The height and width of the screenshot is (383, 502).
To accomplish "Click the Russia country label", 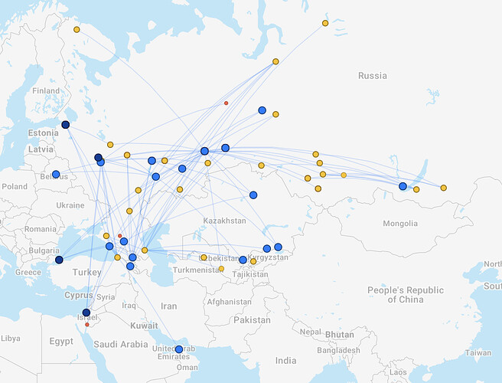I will click(373, 76).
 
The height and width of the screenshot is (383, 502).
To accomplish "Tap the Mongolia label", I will click(400, 224).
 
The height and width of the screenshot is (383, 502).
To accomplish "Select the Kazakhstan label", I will click(224, 221).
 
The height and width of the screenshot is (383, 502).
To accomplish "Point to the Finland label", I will click(45, 90).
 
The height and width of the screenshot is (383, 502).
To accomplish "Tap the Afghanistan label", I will click(229, 302).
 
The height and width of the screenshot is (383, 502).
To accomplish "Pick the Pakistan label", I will click(253, 319).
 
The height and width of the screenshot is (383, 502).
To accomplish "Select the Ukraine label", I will click(70, 205).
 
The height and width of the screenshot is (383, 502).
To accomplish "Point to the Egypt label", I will click(62, 340).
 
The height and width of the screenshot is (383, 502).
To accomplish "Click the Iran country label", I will click(168, 306).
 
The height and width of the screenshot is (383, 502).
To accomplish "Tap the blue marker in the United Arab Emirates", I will click(179, 349).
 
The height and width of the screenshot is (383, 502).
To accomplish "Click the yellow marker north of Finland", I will click(77, 30).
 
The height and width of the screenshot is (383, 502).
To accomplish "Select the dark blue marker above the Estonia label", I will click(65, 125).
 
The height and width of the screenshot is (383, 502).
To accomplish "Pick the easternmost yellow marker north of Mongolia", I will click(443, 188).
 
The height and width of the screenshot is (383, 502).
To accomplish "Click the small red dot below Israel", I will click(87, 325).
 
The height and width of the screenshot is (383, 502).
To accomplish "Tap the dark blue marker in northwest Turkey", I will click(59, 260).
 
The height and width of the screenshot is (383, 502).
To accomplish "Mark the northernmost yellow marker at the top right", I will click(325, 23).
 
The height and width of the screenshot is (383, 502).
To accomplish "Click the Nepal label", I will click(309, 332).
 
